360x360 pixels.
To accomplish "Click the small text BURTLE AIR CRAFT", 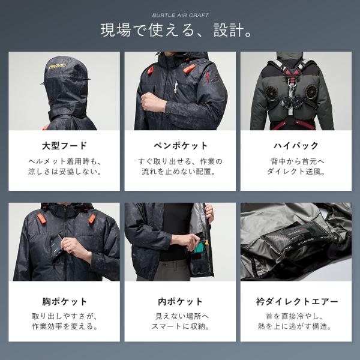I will [x=180, y=14].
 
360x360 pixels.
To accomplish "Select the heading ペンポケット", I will [x=180, y=145].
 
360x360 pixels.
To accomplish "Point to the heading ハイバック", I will [x=296, y=145].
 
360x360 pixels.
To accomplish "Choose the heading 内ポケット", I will [x=180, y=302].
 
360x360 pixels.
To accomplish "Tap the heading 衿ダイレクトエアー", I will [x=296, y=302].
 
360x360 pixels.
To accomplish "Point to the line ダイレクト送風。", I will [x=296, y=172].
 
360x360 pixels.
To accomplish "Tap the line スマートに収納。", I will [x=180, y=328].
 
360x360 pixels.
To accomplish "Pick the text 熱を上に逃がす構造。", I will [x=296, y=328].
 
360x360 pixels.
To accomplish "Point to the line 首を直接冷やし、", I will [x=296, y=317].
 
